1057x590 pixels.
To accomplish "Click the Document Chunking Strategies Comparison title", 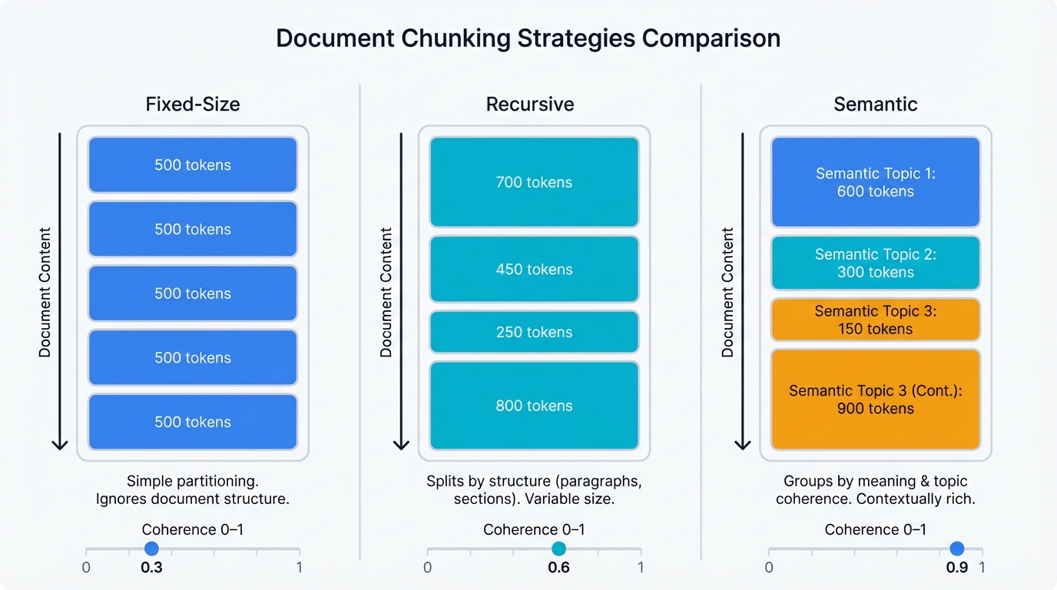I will [528, 38].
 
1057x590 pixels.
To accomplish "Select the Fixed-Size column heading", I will [193, 104].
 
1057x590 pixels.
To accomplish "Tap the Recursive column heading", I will [530, 104].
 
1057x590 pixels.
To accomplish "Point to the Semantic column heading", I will [876, 104].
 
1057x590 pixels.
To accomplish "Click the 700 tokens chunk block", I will [534, 182].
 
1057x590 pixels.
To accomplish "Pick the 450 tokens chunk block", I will [534, 270].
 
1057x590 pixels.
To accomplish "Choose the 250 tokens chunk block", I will [534, 332].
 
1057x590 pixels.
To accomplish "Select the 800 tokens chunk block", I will [534, 406].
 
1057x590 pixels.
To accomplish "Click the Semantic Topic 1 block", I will [876, 183].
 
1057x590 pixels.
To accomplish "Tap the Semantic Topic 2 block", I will [876, 263].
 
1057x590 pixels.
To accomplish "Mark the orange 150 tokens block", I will [876, 320].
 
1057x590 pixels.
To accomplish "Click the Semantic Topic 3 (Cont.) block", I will [876, 399].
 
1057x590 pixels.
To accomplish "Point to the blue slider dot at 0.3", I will [151, 549].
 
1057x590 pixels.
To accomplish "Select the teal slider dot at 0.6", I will [558, 549].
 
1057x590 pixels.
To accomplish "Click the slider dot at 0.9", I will [956, 549].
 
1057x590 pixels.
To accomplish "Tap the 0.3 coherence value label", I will [151, 568].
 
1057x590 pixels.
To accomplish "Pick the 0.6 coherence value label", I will [558, 568].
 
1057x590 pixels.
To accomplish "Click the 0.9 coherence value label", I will [956, 568].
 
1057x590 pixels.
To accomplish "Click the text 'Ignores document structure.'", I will [193, 499].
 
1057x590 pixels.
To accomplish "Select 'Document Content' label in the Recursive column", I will [386, 292].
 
